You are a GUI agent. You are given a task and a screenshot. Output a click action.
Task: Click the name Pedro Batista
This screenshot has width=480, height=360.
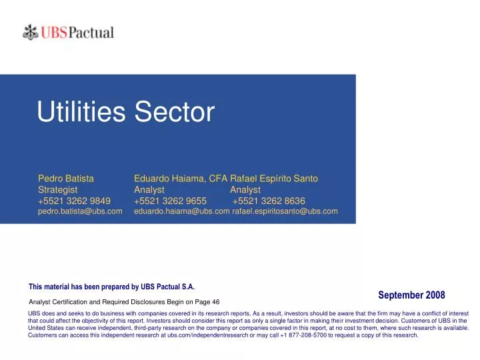66,179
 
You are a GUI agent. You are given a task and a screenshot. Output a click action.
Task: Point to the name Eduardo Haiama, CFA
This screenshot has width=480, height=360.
181,179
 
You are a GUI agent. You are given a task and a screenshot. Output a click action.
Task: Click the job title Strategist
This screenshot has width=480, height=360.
58,190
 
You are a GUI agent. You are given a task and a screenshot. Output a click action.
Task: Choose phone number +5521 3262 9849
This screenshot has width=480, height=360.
75,201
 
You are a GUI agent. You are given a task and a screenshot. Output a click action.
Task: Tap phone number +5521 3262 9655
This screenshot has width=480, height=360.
171,201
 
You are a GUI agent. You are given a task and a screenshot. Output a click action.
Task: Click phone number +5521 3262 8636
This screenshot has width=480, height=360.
269,201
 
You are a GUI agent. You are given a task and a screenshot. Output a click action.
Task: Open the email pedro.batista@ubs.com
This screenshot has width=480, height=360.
80,212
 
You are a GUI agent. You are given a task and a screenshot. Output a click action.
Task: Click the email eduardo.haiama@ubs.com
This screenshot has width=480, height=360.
181,212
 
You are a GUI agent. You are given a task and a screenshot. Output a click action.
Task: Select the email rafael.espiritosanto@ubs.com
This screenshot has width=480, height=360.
285,212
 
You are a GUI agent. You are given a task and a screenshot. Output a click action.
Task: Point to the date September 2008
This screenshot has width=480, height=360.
411,295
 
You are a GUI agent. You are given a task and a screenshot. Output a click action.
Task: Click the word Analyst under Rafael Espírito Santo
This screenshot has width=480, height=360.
245,190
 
